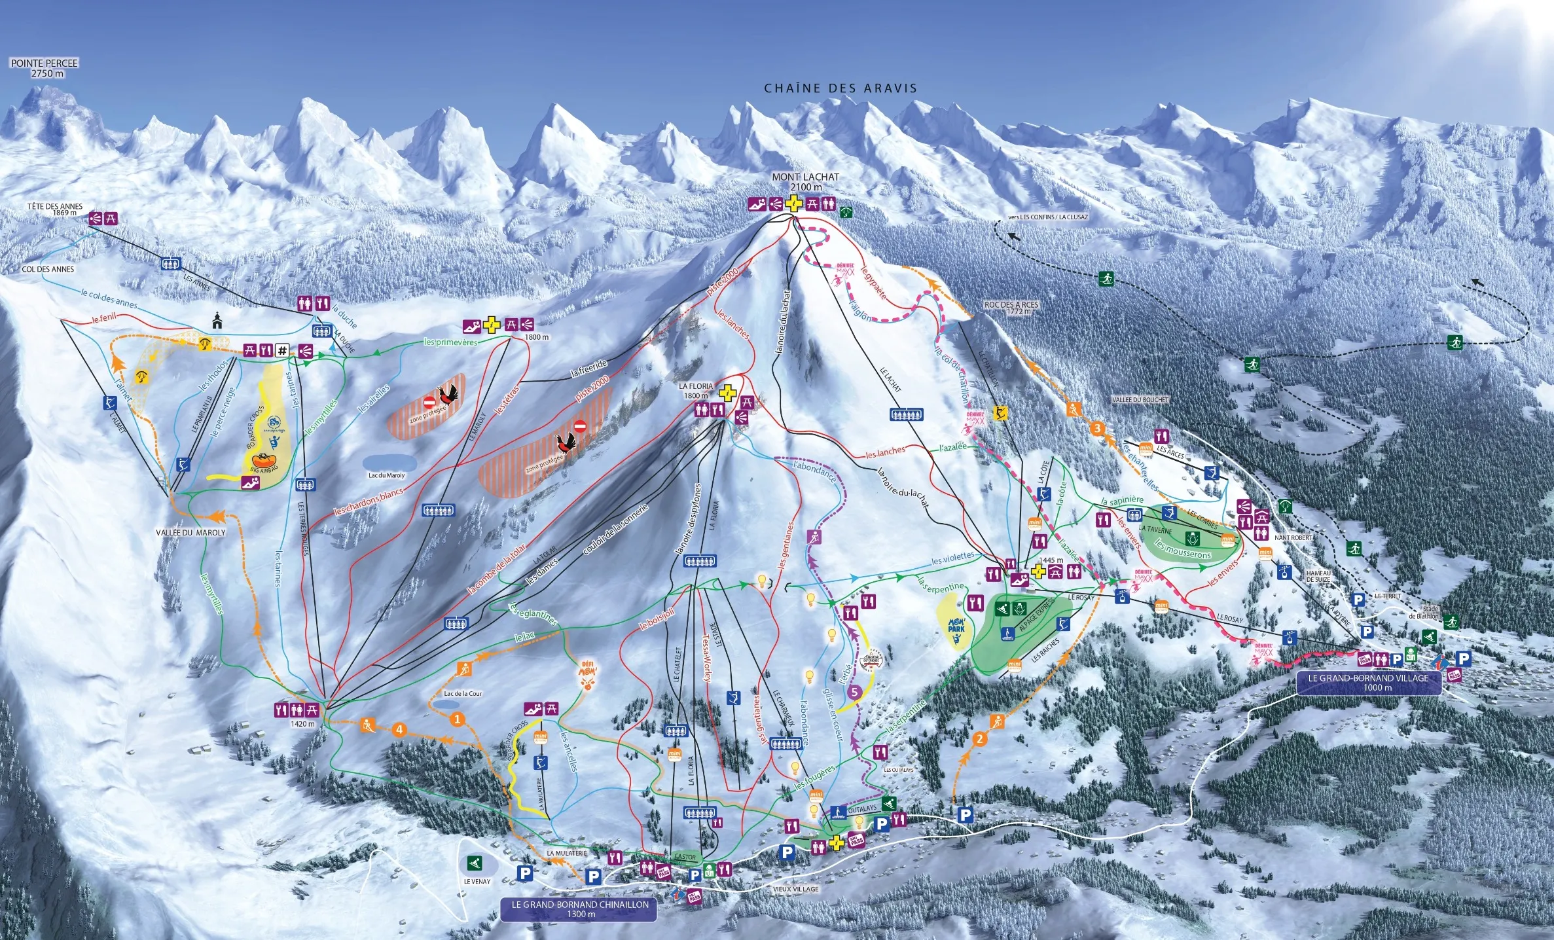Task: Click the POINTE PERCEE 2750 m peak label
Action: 44,68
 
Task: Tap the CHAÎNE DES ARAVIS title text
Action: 840,88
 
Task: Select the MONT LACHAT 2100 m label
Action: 805,182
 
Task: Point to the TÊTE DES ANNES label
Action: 54,209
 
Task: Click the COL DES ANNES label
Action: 48,269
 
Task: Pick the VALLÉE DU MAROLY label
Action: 190,533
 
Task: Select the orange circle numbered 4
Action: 399,730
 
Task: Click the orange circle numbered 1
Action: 458,719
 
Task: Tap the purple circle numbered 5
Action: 854,692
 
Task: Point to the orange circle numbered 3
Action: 1097,429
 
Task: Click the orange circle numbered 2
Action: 979,740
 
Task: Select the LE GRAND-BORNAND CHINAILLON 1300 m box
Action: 579,909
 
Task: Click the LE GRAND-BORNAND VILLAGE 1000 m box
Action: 1368,683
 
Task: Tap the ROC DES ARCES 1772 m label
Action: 1011,308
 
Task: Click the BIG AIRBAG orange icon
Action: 265,462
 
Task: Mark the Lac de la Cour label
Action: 463,693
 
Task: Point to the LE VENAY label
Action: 477,881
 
